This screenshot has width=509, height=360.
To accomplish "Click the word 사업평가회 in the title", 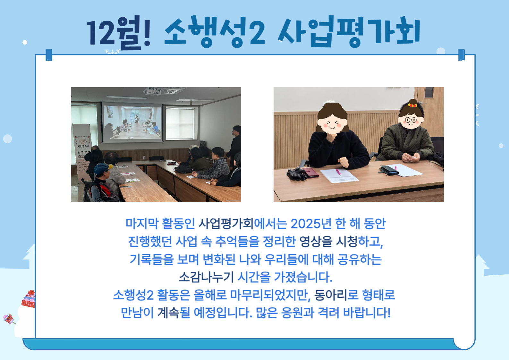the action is coord(349,31).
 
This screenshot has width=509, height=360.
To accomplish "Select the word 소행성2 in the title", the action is coord(215,31).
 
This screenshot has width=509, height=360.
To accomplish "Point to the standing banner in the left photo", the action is coord(81,152).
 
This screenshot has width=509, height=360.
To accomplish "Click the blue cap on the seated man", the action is coord(102,168).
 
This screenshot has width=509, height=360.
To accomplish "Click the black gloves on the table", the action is coord(296,174).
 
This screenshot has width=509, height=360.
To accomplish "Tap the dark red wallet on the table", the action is coord(310,172).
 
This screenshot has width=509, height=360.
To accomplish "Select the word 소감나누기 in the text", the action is coord(206,277).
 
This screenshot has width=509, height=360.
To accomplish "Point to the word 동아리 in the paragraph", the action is coord(331,295).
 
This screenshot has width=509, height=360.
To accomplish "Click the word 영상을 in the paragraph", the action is coord(316,241).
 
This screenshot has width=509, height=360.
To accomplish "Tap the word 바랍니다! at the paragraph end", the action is coord(367,313).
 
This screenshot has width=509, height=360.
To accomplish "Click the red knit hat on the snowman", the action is coord(29,299).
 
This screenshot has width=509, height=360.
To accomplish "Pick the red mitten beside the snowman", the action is coord(8,319).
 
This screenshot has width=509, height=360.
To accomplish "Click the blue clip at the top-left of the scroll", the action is coord(49,55).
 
